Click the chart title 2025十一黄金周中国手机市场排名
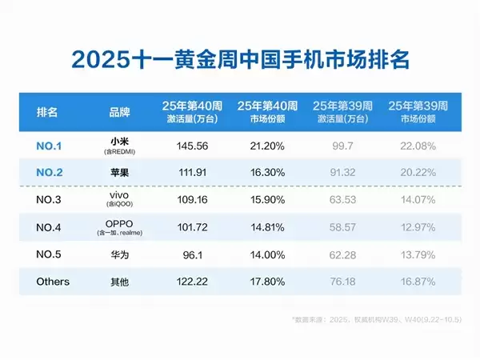pyautogui.click(x=240, y=59)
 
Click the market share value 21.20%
pyautogui.click(x=268, y=146)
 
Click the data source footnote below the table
pyautogui.click(x=376, y=320)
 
